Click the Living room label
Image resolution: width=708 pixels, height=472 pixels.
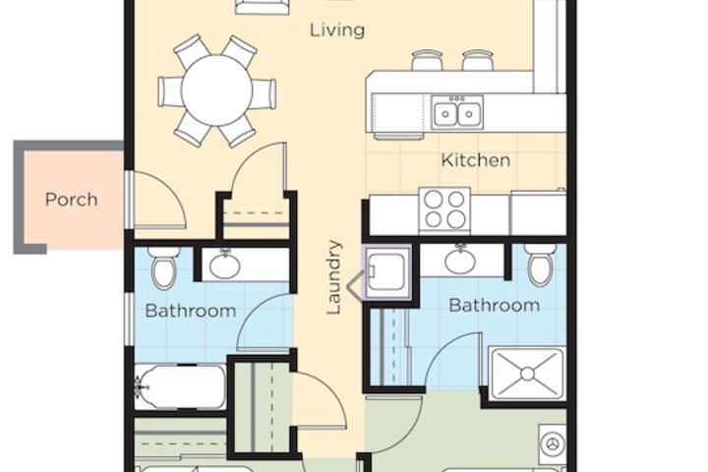click(337, 30)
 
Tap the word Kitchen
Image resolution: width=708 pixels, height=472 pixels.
click(476, 160)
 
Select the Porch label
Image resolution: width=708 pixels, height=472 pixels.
click(72, 200)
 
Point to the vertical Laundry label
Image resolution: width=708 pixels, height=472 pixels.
click(334, 277)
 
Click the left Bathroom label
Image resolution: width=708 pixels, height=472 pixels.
click(191, 311)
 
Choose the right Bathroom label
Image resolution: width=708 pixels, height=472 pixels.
click(495, 306)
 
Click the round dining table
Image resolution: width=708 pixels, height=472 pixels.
click(216, 90)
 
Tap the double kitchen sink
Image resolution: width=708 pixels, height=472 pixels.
click(457, 112)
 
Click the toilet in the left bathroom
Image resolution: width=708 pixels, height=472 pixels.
click(164, 267)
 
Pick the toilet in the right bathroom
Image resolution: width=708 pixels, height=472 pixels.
click(540, 265)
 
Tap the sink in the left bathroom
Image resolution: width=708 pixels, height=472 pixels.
click(225, 265)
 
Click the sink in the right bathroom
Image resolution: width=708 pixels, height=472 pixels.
click(460, 260)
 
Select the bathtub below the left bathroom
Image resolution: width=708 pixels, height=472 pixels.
click(181, 387)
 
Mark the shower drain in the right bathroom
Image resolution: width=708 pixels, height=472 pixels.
click(527, 374)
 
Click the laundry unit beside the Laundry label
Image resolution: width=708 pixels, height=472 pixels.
click(387, 272)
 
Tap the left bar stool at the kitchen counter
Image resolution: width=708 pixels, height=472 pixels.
click(427, 60)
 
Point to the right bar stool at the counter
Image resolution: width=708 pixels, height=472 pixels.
click(478, 60)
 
